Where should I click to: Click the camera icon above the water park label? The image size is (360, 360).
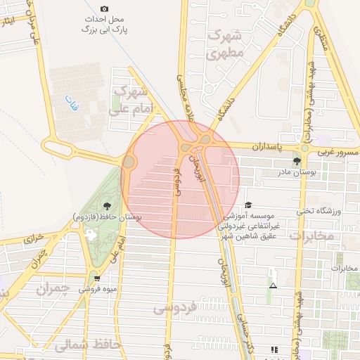(105, 9)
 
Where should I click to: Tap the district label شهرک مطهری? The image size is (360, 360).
(226, 44)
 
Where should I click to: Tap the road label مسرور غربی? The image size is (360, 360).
(335, 152)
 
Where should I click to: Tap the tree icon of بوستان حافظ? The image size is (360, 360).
(106, 205)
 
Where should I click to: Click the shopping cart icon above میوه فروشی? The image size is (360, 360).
(96, 278)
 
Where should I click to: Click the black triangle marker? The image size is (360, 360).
(273, 285)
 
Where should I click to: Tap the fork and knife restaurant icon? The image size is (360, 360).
(274, 349)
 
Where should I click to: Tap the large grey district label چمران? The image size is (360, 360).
(53, 289)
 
